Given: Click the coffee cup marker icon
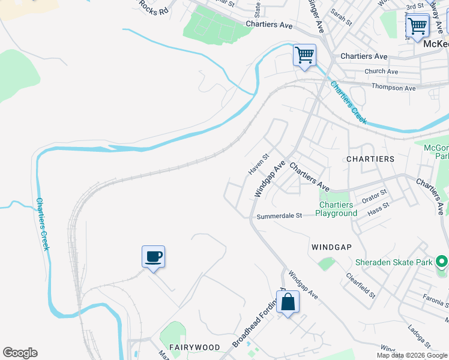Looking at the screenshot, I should click(153, 257).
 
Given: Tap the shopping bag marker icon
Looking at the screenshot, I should click(288, 302).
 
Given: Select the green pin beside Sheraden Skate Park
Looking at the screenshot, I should click(442, 262).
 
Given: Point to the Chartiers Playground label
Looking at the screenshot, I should click(336, 209).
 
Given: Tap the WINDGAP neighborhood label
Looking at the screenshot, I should click(331, 247).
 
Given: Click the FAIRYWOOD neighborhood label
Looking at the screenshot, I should click(194, 347).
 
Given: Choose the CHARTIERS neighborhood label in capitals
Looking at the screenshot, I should click(370, 159).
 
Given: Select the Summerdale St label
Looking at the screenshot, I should click(279, 216).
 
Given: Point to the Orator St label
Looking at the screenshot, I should click(374, 195).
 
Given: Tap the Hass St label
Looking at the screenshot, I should click(378, 208).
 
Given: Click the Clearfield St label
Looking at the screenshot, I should click(360, 286).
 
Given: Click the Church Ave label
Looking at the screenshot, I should click(381, 71).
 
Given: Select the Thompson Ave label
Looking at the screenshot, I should click(393, 88).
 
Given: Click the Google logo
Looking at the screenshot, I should click(20, 353).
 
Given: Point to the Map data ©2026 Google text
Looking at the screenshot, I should click(412, 355).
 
